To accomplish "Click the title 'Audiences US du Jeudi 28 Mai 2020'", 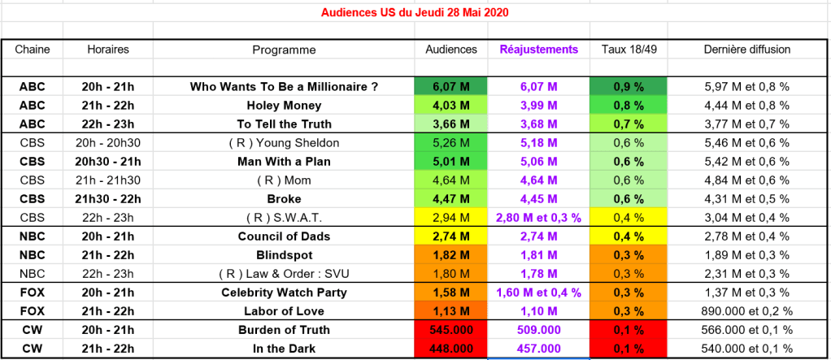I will (415, 13).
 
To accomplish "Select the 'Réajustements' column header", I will (538, 50).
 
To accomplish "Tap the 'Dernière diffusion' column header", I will (746, 50).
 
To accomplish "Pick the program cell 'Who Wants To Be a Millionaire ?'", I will (284, 86).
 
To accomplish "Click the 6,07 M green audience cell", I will (451, 86).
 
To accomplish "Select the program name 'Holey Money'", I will (284, 105).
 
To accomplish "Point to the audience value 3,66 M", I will (451, 124).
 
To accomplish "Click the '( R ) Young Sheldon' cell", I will (284, 142).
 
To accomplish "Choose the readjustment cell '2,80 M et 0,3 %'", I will (538, 217).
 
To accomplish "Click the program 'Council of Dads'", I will (284, 236).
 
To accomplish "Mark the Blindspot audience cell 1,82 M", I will (451, 254).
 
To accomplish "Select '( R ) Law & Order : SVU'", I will (284, 273).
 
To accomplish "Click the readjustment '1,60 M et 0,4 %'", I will (538, 292).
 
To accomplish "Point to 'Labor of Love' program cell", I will (284, 310).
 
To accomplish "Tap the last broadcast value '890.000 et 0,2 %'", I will (746, 310).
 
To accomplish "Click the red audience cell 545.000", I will (451, 330).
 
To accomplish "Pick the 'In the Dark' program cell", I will (284, 349).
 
